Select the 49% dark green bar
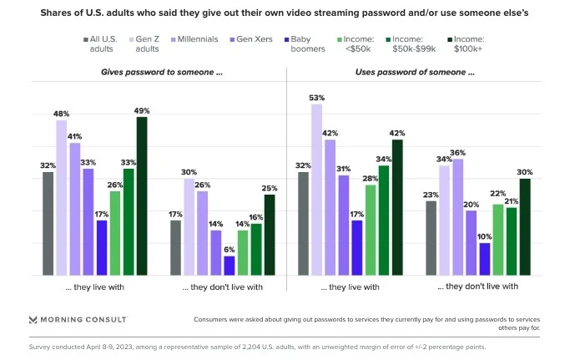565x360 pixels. click(x=142, y=195)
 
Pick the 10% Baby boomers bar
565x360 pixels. click(x=484, y=259)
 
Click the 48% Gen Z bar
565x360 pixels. click(x=62, y=197)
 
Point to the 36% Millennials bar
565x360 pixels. click(x=457, y=216)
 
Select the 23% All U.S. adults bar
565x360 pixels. click(x=431, y=238)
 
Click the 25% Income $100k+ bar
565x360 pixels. click(x=270, y=235)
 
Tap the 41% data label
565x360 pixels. click(x=75, y=136)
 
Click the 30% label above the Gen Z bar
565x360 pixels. click(x=189, y=172)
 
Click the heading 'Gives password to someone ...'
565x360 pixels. click(x=162, y=73)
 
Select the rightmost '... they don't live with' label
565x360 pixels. click(x=478, y=286)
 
